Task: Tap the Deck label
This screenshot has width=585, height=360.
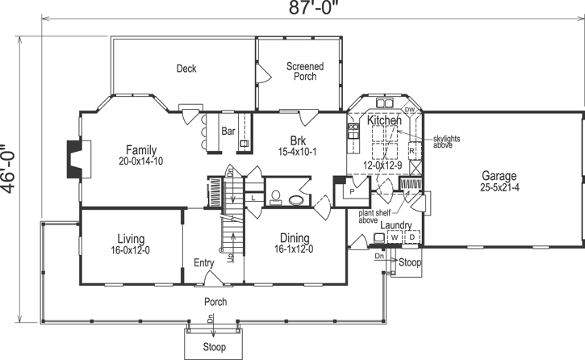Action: (186, 69)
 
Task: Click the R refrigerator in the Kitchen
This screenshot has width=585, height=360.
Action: (412, 151)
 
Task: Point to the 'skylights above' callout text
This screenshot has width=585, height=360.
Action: (445, 142)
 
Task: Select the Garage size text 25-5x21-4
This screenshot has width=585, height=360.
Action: (499, 189)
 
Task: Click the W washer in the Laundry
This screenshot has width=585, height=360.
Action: (395, 238)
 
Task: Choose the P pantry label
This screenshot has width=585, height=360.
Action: (352, 192)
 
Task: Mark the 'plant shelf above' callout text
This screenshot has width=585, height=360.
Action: (375, 216)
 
